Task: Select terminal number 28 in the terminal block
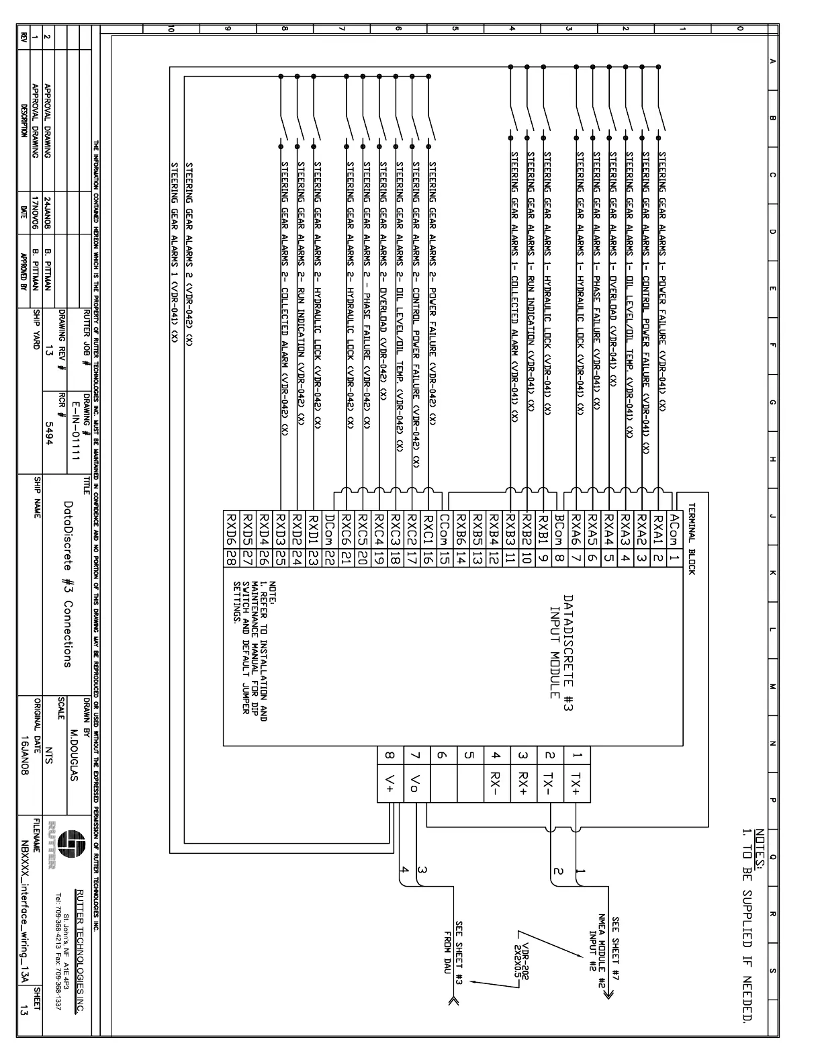230,557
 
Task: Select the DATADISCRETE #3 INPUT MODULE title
561,646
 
